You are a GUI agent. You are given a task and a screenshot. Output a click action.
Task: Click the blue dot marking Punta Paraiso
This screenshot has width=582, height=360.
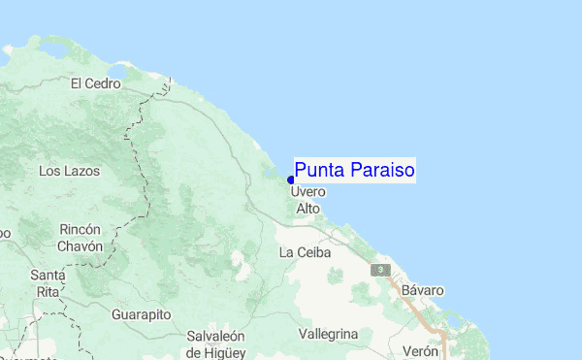pos(291,180)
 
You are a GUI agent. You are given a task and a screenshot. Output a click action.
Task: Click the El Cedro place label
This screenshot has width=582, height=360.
pos(95,83)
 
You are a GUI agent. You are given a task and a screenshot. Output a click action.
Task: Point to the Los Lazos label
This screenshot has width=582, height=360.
pos(66,171)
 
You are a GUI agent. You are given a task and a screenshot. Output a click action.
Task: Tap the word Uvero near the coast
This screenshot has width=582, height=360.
pos(307,192)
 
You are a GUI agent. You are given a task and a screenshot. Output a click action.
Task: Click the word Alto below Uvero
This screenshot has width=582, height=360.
pos(307,209)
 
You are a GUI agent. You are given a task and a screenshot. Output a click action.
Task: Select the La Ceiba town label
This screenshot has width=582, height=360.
pos(305,252)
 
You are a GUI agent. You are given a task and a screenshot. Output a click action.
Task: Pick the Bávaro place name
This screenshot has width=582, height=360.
pos(423,290)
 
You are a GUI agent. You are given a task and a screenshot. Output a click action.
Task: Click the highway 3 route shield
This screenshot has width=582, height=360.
pos(384,269)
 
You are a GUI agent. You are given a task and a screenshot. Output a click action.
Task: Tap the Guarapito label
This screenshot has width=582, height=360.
pos(141,315)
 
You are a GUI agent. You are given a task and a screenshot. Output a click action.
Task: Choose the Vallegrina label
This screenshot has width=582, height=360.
pos(329,334)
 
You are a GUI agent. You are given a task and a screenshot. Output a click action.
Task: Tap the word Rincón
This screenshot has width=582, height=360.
pos(80,229)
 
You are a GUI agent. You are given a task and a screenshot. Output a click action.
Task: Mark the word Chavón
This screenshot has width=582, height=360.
pos(80,246)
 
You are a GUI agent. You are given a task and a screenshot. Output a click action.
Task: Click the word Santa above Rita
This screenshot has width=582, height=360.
pos(48,275)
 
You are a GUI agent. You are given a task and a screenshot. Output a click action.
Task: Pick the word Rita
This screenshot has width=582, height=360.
pos(48,291)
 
